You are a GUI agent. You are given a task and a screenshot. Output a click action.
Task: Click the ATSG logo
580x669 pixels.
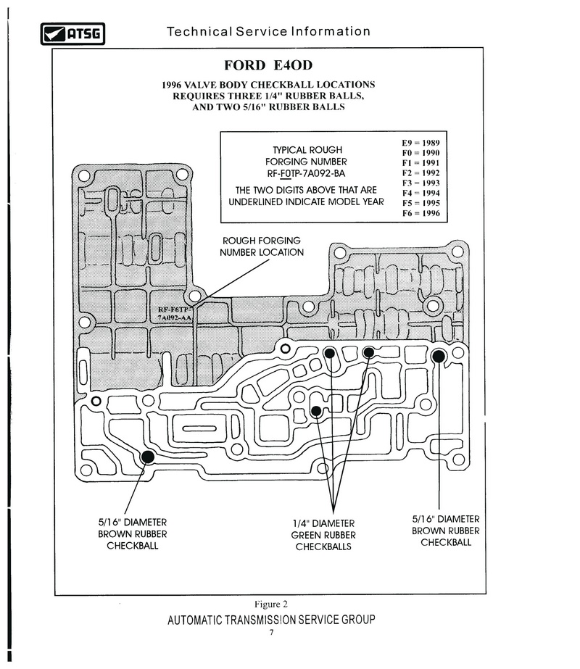point(72,34)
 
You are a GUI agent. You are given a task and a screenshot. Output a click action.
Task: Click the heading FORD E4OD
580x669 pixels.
point(268,65)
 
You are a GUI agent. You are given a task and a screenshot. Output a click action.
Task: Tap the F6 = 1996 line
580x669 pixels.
point(420,213)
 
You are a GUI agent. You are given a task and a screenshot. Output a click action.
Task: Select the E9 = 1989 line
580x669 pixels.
point(420,143)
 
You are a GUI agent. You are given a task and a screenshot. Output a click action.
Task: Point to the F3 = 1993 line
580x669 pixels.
point(420,183)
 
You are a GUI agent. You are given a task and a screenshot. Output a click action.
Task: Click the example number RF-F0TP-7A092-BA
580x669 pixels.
point(306,174)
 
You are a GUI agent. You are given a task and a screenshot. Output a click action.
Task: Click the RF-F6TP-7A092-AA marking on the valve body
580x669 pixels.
point(175,314)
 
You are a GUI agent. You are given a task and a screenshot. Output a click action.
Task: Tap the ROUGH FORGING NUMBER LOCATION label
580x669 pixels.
point(262,246)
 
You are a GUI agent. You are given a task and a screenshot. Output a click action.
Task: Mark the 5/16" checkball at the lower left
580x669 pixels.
point(148,457)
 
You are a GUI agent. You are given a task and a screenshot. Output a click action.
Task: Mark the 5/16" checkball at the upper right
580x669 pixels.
point(439,357)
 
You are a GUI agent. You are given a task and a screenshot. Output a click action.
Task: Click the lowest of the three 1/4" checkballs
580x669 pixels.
point(316,411)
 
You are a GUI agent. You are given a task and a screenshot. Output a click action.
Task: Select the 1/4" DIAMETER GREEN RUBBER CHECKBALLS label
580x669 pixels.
point(323,535)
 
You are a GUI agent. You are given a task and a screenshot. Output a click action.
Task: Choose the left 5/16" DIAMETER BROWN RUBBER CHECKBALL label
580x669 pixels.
point(132,533)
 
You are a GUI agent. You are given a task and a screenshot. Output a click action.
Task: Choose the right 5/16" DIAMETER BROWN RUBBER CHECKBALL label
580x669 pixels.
point(446,531)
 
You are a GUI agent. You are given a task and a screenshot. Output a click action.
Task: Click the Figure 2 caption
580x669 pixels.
point(271,604)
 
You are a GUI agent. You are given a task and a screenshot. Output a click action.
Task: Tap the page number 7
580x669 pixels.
point(271,632)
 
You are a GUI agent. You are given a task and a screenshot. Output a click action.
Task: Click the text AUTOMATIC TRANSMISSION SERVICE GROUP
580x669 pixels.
point(271,620)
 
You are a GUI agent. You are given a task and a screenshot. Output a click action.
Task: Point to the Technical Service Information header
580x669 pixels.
point(268,32)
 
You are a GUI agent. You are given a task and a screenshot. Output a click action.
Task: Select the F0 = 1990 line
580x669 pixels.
point(420,153)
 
